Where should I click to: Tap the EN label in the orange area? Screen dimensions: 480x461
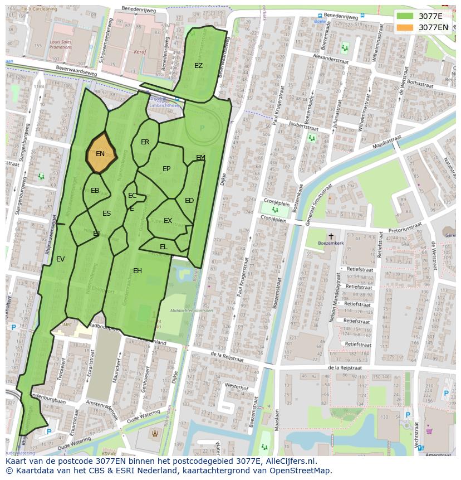tap(100, 154)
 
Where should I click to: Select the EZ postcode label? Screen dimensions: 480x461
tap(199, 66)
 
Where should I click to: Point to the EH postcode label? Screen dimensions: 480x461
tap(138, 271)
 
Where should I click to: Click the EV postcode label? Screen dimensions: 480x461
tap(61, 259)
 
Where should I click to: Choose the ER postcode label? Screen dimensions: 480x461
tap(145, 142)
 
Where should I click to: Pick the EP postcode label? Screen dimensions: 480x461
tap(166, 169)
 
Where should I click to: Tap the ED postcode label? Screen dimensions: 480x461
tap(189, 201)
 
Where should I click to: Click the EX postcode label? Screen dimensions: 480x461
tap(168, 221)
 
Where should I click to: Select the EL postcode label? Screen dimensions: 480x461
tap(164, 246)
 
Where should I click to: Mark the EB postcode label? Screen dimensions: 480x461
tap(95, 191)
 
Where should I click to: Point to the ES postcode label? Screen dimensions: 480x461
tap(107, 214)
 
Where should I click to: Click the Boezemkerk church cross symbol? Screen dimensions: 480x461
tap(331, 236)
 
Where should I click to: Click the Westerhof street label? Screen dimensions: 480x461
tap(236, 386)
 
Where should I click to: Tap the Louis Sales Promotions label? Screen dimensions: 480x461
tap(61, 45)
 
